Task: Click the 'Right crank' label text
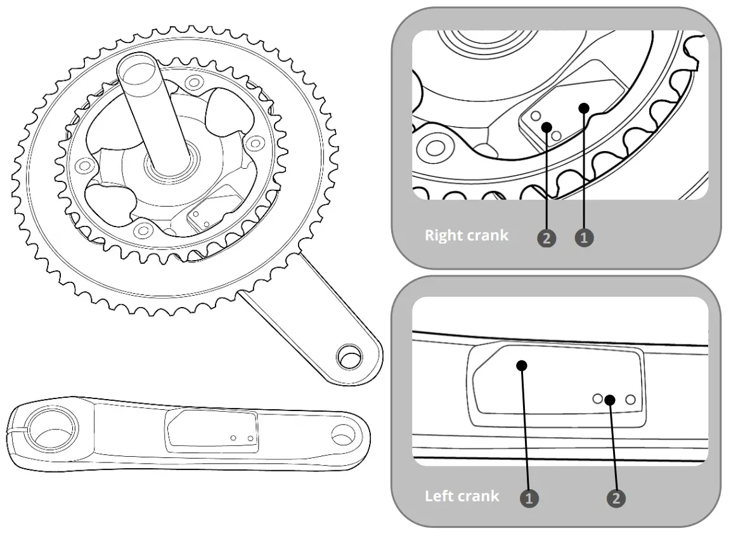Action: pos(466,235)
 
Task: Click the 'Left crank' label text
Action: pos(462,495)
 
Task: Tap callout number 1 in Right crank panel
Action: pos(584,238)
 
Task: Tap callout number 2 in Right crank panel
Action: pos(546,238)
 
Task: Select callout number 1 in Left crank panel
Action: pos(529,498)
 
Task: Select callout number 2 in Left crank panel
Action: pos(614,498)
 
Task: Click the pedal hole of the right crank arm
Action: pos(349,357)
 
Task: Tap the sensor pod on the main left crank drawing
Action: pos(212,431)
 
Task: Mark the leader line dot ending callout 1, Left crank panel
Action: pos(522,365)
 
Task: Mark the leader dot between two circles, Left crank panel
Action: pos(610,399)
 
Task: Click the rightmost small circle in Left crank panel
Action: pos(630,399)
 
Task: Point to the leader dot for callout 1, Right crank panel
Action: pos(584,108)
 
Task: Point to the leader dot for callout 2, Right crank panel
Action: pos(547,126)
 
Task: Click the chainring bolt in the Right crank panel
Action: pos(434,148)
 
